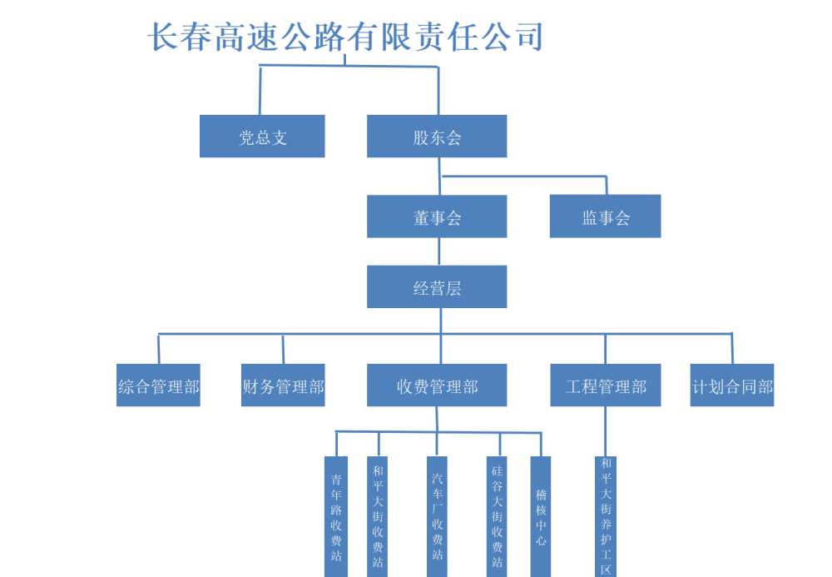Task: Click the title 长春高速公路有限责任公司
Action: (345, 37)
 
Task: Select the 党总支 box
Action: (262, 137)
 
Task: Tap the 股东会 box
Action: (437, 137)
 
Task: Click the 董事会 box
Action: (437, 216)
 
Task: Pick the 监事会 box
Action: (605, 216)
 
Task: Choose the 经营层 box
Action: (437, 287)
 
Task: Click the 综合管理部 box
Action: (158, 385)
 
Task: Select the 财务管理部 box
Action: (283, 385)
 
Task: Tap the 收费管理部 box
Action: (437, 385)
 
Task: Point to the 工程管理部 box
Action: (605, 385)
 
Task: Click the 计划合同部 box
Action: (732, 385)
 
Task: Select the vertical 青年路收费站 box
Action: (336, 516)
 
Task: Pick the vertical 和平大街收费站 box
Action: (378, 516)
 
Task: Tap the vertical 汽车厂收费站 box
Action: (438, 516)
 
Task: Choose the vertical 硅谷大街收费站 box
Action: (498, 516)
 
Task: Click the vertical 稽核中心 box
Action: (541, 516)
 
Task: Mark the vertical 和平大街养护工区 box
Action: (606, 516)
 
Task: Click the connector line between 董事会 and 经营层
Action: (438, 251)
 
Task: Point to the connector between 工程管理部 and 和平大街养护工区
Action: (606, 431)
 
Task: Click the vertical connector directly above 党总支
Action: (260, 90)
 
